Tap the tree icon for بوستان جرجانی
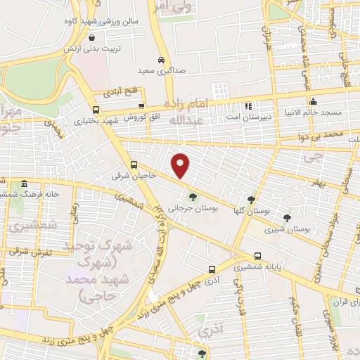193,197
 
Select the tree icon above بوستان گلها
252,200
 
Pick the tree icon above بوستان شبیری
287,217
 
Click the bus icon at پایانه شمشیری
257,257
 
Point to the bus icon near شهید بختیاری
96,109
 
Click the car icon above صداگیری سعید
162,60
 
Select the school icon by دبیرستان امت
247,107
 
